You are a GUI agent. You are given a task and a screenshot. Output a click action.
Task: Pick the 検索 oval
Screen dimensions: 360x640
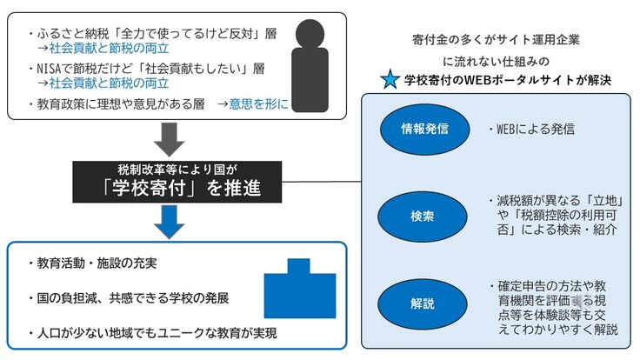pyautogui.click(x=424, y=216)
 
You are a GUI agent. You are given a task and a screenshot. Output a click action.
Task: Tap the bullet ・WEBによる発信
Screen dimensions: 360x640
pyautogui.click(x=530, y=131)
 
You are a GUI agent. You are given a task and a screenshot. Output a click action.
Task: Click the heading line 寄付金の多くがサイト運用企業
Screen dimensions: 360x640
pyautogui.click(x=498, y=40)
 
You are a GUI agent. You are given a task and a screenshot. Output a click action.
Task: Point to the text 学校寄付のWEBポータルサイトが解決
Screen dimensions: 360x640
pyautogui.click(x=508, y=81)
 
